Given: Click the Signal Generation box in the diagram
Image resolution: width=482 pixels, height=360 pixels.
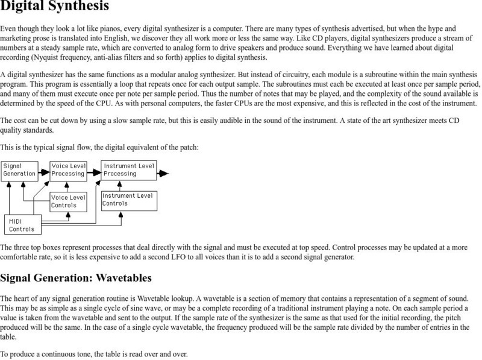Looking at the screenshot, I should click(x=19, y=169).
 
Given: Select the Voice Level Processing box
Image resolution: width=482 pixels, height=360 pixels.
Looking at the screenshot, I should click(x=67, y=169).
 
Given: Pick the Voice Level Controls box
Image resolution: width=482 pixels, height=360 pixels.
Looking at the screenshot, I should click(x=67, y=201).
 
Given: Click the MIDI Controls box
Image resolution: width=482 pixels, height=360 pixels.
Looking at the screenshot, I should click(x=23, y=224).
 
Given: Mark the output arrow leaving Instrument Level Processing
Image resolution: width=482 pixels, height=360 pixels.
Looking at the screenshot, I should click(x=163, y=173).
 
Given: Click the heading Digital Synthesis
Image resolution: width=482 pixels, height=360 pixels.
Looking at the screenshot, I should click(x=55, y=8).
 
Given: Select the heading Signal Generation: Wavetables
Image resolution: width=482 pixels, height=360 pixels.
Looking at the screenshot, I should click(x=76, y=278).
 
